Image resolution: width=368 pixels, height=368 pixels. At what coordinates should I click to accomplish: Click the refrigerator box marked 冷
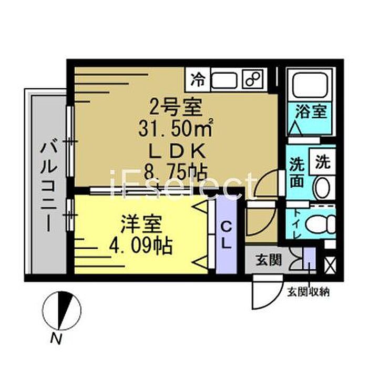point(197,79)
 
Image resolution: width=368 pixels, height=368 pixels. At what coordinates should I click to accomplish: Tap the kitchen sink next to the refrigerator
point(224,80)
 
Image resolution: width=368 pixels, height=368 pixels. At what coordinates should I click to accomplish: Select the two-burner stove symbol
point(253,79)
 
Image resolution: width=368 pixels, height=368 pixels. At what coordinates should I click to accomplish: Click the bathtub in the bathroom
point(310,84)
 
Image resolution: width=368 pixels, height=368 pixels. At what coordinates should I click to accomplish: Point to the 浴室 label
point(311,111)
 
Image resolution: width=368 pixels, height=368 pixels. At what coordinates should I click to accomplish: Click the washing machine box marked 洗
point(322,161)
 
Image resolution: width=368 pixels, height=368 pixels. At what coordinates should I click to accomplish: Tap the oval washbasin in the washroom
point(323,188)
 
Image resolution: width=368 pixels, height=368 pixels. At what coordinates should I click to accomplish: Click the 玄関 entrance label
point(269,260)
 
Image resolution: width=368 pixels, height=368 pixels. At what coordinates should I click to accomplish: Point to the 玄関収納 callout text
point(309,292)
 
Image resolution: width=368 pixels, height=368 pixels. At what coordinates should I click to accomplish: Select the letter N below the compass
point(56,339)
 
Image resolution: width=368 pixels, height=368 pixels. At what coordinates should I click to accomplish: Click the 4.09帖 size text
point(141,246)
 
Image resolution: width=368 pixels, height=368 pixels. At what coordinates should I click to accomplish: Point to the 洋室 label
point(141,224)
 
